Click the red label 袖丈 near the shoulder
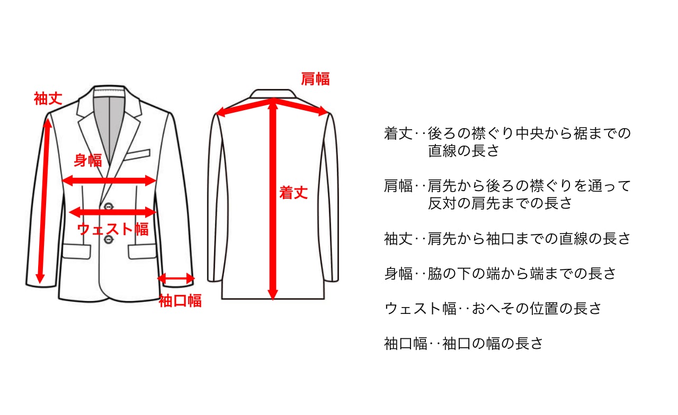[48, 98]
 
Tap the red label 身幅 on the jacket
[87, 160]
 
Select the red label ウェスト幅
[113, 229]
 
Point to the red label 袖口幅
[180, 301]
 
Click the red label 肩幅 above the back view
[315, 79]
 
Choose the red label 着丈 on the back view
[293, 193]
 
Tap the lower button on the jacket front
[109, 240]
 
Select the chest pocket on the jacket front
[138, 154]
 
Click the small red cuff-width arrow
[176, 278]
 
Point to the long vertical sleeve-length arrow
[43, 201]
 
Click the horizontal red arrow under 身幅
[109, 181]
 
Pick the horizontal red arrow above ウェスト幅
[112, 212]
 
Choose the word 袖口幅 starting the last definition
[405, 344]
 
